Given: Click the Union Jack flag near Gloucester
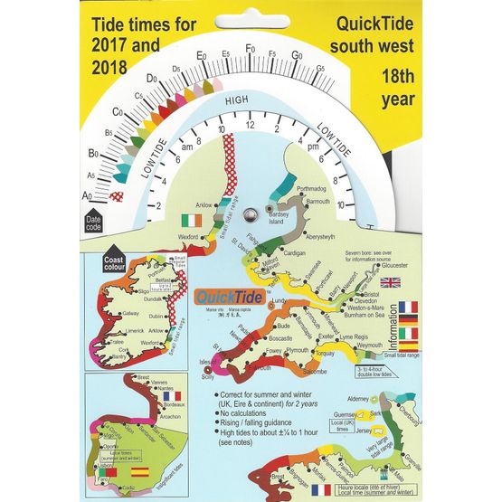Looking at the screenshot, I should [x=391, y=282].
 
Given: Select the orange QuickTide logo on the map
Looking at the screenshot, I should [x=220, y=294].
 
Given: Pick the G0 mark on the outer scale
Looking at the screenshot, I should [x=296, y=55].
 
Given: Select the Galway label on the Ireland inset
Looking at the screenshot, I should [x=131, y=314].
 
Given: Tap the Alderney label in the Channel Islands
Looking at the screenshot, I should [x=355, y=399].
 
